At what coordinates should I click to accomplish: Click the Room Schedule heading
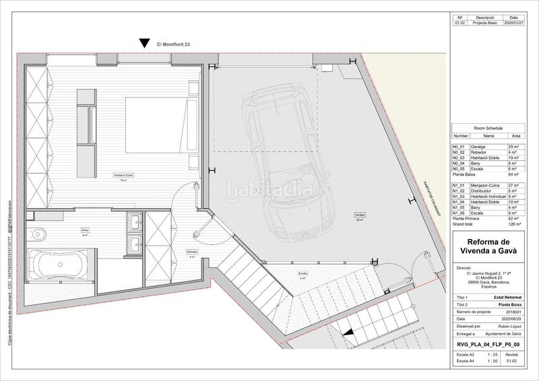tap(488, 127)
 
